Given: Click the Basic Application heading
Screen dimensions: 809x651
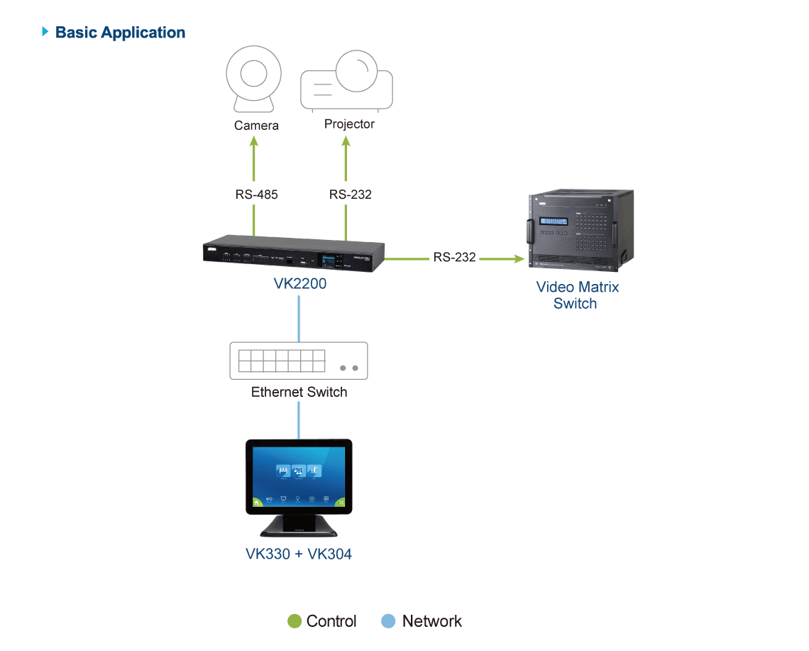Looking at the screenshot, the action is click(x=120, y=33).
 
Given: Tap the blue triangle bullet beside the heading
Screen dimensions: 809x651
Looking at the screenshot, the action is click(x=45, y=31).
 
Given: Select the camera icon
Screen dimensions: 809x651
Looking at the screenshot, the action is click(x=254, y=79).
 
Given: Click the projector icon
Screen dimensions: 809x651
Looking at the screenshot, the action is click(x=347, y=80).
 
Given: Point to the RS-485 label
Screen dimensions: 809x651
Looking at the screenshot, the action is click(x=256, y=195).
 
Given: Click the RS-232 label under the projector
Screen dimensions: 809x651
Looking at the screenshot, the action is click(x=351, y=195).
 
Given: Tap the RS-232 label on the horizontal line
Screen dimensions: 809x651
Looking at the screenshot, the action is click(x=455, y=257).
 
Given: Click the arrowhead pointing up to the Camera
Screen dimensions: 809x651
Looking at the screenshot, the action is click(x=254, y=141).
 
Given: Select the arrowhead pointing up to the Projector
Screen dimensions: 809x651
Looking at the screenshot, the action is click(x=346, y=141).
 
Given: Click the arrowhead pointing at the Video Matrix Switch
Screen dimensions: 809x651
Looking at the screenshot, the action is click(x=519, y=258).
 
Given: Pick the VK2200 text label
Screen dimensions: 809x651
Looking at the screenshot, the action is click(x=299, y=283).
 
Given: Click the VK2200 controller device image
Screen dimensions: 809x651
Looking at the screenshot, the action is click(x=294, y=253).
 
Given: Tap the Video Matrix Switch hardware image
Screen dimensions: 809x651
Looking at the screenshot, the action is click(x=580, y=230).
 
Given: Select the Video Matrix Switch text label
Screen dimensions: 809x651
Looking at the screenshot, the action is click(x=577, y=295).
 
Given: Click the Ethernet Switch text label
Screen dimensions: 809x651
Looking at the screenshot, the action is click(x=299, y=393).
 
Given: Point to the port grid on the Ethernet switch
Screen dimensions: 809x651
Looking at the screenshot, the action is click(x=282, y=361).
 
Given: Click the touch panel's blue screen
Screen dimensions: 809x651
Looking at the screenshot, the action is click(x=299, y=477).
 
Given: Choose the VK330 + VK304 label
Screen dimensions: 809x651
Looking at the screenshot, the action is click(x=299, y=554).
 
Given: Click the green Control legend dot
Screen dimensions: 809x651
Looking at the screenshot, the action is click(x=294, y=621).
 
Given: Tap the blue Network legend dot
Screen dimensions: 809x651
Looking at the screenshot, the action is click(x=388, y=621).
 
